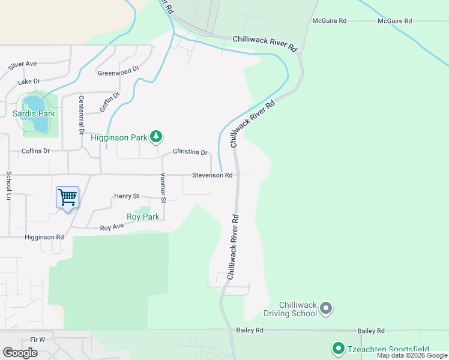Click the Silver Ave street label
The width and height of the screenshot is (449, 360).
tap(23, 64)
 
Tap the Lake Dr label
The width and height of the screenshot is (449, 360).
tap(28, 81)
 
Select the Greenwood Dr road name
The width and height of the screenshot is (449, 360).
tap(118, 71)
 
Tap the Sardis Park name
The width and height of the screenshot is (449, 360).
tap(34, 113)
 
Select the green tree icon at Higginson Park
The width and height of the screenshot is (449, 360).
tap(156, 137)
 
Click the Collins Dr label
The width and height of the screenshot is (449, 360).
tap(35, 151)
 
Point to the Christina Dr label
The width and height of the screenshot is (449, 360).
tap(190, 152)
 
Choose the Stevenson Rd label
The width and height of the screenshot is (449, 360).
tap(212, 175)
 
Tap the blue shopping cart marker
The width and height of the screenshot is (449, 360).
tap(67, 197)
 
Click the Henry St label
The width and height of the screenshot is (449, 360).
tap(127, 196)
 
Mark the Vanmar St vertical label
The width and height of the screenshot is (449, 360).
tap(163, 188)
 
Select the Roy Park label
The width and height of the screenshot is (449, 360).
tap(143, 217)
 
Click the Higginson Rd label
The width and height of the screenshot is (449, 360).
tap(44, 237)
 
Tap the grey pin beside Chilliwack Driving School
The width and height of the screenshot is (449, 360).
tap(326, 308)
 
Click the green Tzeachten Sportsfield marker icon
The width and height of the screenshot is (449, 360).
tap(337, 348)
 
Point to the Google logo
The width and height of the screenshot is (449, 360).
tap(20, 353)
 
